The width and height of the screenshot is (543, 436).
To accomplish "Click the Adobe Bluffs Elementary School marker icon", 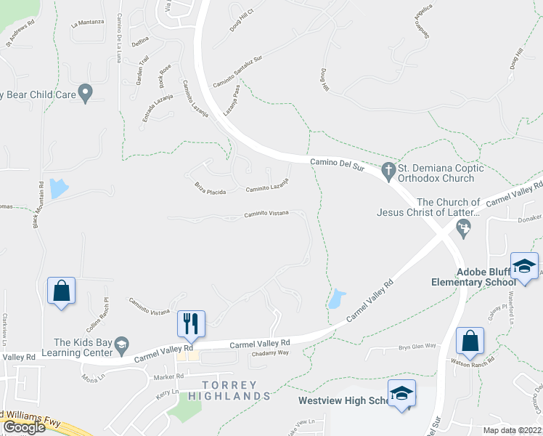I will point(524,265).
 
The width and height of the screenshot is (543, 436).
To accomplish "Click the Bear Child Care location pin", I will point(86,93).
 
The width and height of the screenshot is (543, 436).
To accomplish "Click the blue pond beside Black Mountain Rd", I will point(57,188).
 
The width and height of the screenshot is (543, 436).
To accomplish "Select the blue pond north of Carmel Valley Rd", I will point(336,299).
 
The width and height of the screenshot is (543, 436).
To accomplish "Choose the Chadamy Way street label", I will point(269,352).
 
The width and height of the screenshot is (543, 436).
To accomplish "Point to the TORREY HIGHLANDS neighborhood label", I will point(229,390).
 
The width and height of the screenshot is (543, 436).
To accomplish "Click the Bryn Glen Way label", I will point(417,347).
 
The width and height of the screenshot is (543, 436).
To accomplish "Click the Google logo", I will point(24,427).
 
